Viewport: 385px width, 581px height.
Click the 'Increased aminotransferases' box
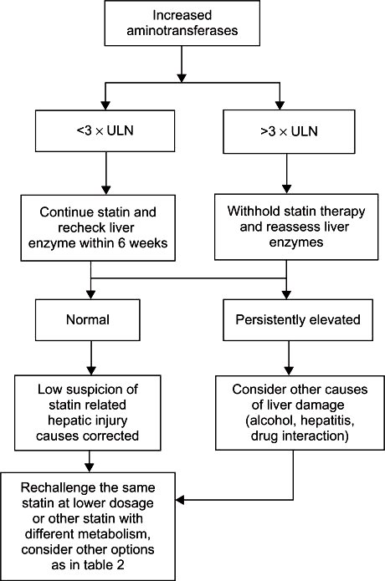[182, 23]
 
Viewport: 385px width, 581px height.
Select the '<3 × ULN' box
[105, 130]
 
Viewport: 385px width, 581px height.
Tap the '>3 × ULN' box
[289, 131]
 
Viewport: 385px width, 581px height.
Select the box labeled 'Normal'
[88, 320]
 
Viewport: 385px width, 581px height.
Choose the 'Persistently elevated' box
[298, 320]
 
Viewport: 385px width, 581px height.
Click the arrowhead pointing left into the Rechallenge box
[179, 500]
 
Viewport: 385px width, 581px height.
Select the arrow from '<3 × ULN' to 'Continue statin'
[105, 173]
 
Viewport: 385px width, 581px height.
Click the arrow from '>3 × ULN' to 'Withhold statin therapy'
[287, 173]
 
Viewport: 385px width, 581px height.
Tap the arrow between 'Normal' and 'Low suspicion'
[91, 358]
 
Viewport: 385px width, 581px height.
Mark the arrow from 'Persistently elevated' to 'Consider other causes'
[289, 358]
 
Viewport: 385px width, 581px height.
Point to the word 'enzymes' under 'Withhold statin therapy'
[296, 242]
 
